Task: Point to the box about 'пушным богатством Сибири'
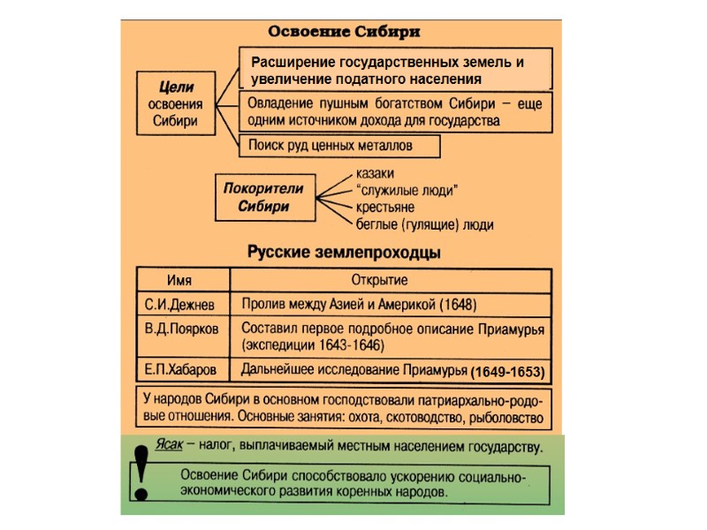click(396, 111)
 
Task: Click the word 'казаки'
click(374, 173)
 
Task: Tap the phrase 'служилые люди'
click(406, 190)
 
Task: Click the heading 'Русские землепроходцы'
click(344, 253)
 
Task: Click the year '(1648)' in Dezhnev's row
click(458, 306)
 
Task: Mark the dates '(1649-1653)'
click(507, 369)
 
